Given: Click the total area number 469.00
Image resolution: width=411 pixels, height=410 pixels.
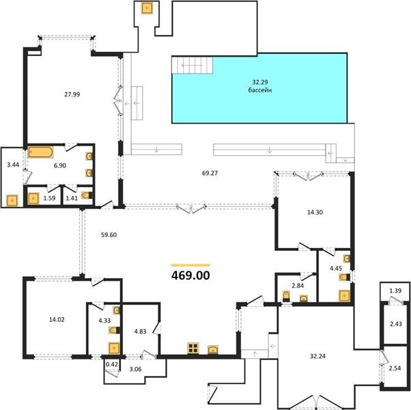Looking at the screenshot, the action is point(190,275).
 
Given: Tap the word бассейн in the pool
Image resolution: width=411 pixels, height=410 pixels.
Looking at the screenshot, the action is point(260,90).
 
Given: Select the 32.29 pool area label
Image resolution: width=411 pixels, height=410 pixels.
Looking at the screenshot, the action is point(260,82).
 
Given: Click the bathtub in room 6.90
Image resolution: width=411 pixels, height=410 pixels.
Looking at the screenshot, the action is point(41,152).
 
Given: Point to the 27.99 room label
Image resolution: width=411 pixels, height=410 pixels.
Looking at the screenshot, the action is point(72,94).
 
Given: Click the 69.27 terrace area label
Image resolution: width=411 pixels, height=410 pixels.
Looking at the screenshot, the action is point(210,173).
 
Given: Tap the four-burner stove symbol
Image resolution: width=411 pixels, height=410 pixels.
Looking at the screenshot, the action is point(193,348).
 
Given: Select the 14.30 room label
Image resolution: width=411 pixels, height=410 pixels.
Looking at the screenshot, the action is point(315,213).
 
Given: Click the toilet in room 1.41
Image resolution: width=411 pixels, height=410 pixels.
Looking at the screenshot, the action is point(87,195).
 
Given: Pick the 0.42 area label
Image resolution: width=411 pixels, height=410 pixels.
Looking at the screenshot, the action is point(112,364).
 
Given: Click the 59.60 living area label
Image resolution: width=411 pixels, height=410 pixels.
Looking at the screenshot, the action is point(109,235).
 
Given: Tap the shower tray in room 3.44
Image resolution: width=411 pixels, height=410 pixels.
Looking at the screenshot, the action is point(12,201).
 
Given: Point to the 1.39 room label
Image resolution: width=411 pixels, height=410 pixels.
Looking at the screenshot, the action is point(395,290).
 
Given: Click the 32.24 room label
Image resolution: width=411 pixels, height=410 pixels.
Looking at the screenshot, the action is point(317,356).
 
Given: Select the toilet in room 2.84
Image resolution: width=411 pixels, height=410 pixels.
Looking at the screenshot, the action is point(286,296).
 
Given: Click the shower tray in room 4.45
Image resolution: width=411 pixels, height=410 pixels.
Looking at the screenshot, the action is point(344,296).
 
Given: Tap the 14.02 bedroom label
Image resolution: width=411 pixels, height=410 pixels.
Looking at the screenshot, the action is point(57,320).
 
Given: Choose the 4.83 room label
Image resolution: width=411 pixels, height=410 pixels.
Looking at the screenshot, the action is point(140,331).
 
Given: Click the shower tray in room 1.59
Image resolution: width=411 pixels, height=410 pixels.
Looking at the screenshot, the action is point(33,198).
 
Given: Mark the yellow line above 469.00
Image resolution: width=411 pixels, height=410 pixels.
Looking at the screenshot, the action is point(190,265).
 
